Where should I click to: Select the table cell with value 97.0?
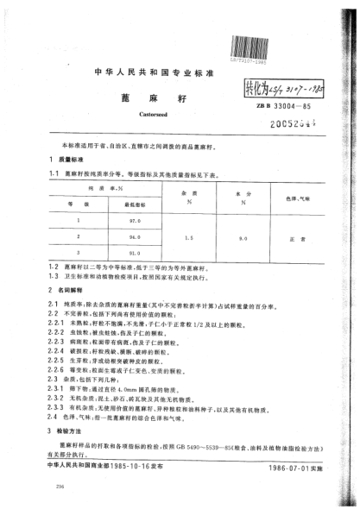coord(131,223)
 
